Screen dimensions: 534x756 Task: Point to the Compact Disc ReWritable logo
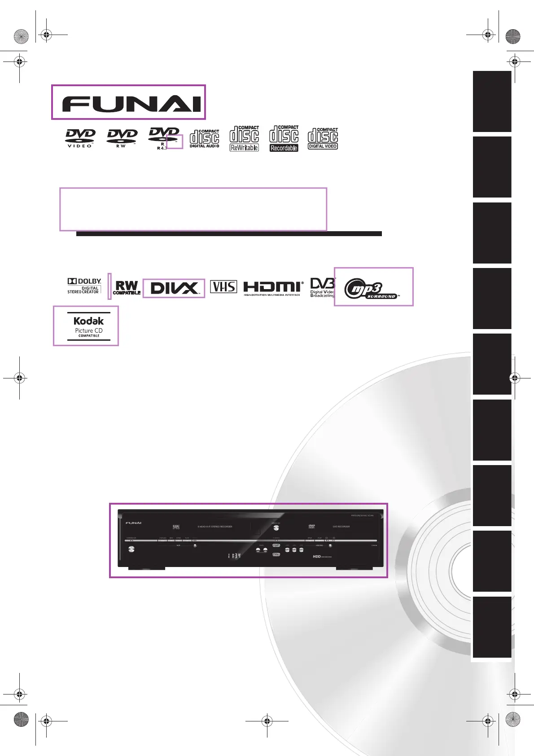tap(244, 138)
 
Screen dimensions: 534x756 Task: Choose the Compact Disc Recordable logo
tap(284, 138)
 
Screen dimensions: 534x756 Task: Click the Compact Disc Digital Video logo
tap(323, 138)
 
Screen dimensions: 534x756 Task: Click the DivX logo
tap(174, 288)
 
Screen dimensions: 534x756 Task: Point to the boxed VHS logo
tap(223, 287)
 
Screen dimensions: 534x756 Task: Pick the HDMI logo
tap(273, 288)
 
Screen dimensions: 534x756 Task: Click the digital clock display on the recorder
tap(234, 556)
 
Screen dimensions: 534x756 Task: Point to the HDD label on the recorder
tap(317, 557)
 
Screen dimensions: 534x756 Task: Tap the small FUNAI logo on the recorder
tap(133, 523)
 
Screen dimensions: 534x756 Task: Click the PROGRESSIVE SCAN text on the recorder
tap(362, 516)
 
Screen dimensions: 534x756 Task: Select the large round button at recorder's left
tap(131, 549)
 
